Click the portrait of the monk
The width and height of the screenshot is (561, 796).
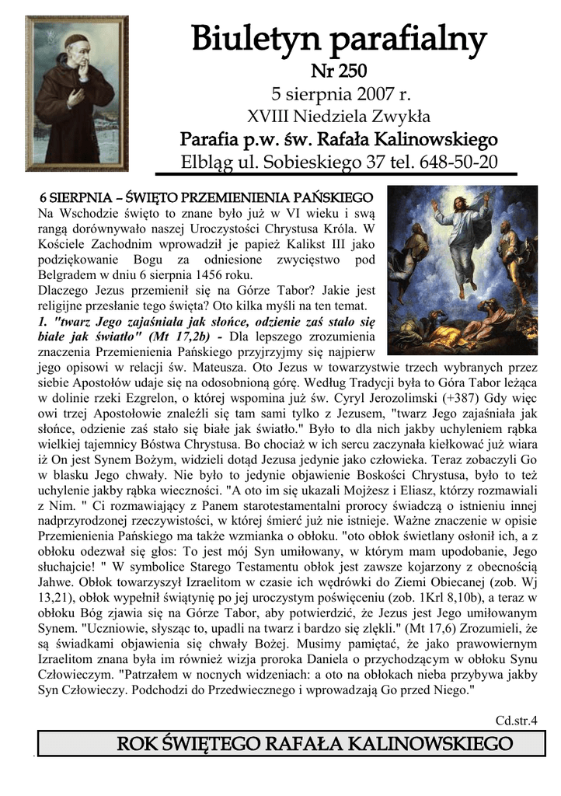point(76,93)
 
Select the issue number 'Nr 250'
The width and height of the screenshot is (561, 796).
point(339,72)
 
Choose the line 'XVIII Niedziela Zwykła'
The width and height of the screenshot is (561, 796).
point(339,117)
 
